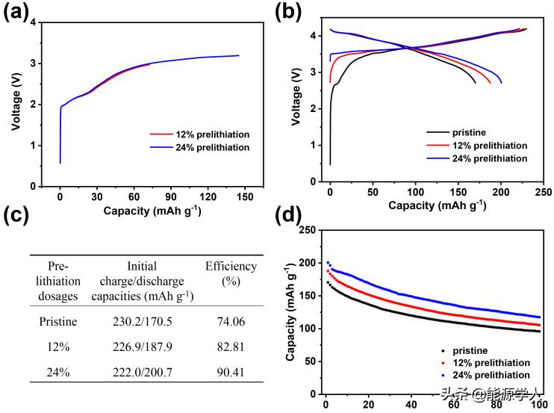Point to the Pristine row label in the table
coord(57,322)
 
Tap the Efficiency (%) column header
coord(231,273)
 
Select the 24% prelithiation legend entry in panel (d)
coord(486,374)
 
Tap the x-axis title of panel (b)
coord(438,205)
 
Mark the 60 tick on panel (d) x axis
coord(453,406)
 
